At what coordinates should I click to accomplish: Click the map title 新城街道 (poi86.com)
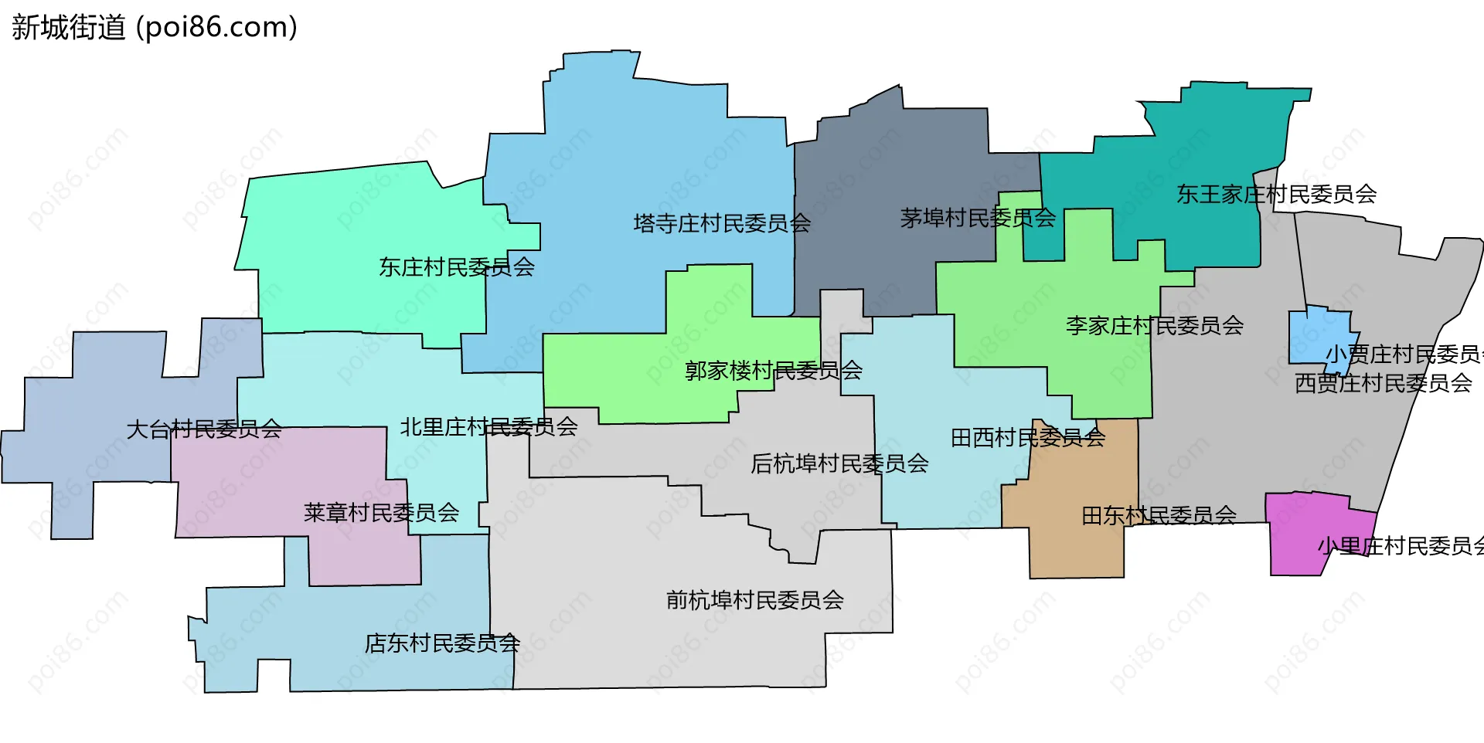[x=155, y=28]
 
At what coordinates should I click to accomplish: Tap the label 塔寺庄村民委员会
[x=722, y=224]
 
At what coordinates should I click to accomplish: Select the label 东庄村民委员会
[x=456, y=267]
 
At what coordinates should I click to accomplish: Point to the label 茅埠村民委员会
[x=978, y=219]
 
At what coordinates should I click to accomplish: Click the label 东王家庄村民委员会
[x=1276, y=194]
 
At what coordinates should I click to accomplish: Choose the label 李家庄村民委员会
[x=1155, y=326]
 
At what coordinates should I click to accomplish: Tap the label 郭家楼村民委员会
[x=774, y=371]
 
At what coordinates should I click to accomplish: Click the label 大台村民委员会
[x=204, y=429]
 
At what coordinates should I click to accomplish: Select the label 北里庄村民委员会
[x=488, y=427]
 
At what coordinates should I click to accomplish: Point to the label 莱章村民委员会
[x=381, y=513]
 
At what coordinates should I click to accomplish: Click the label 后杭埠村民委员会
[x=839, y=463]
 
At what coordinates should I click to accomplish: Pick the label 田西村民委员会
[x=1028, y=438]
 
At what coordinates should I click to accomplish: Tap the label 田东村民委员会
[x=1159, y=515]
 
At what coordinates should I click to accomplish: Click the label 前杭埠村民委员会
[x=754, y=600]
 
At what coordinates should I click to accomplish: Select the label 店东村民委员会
[x=442, y=643]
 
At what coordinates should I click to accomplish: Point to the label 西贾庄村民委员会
[x=1383, y=383]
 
